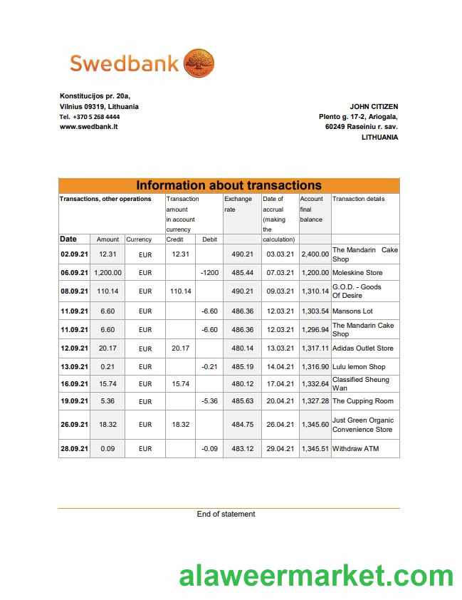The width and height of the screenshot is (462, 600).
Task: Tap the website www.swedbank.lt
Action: (88, 126)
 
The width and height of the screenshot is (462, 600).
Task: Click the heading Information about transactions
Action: (229, 185)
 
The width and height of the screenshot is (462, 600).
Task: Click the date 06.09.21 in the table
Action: (74, 272)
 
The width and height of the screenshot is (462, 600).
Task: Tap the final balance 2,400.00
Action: (315, 254)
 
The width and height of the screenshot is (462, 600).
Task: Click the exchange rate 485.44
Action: (242, 272)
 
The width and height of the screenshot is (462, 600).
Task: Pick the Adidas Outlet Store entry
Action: (362, 348)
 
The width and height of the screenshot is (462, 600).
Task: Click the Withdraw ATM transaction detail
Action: (356, 448)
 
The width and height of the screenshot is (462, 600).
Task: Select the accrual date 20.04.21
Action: (280, 401)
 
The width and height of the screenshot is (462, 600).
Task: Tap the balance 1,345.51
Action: (315, 448)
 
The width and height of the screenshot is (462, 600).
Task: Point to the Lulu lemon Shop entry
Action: (359, 366)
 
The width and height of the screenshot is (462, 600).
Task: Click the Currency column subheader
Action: (139, 239)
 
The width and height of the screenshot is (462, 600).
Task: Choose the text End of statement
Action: (226, 514)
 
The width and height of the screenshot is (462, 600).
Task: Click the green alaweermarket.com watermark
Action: (316, 575)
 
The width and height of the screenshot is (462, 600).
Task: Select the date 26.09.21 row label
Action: (74, 424)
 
